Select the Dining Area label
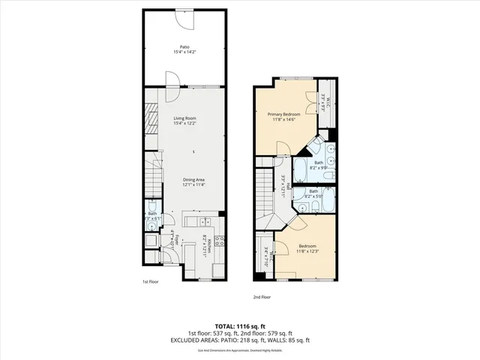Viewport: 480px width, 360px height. click(x=194, y=179)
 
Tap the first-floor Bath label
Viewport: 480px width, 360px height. click(x=152, y=214)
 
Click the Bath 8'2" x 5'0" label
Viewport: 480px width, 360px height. click(x=313, y=193)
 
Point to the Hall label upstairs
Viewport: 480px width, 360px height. click(x=283, y=183)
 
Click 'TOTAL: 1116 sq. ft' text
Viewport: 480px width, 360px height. click(x=240, y=325)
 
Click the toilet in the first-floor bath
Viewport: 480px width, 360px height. click(x=152, y=207)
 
